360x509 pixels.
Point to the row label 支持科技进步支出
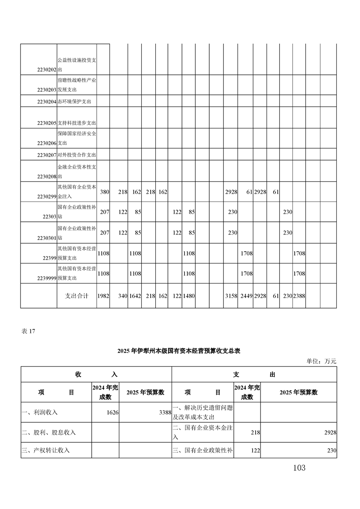[x=77, y=123]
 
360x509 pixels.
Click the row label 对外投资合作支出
[x=77, y=155]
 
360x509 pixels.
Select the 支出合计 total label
[x=77, y=296]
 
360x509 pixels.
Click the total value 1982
[x=103, y=296]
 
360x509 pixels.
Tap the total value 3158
[x=231, y=296]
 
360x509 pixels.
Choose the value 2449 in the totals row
[x=246, y=296]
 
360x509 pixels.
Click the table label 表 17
[x=28, y=331]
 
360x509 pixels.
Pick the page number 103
[x=299, y=468]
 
